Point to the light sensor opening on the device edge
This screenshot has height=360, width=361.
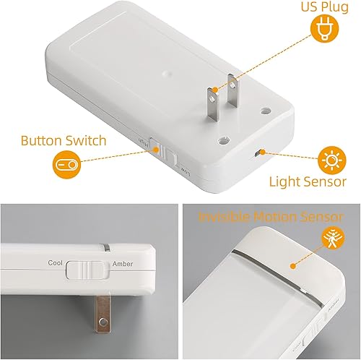[259, 153]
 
